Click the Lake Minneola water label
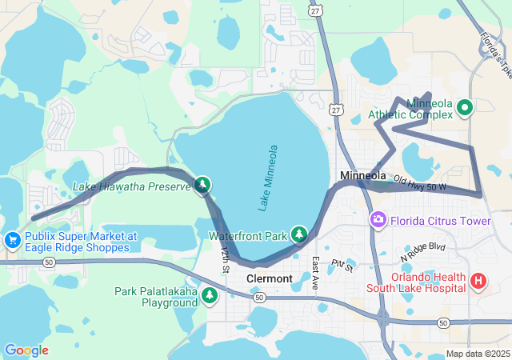[269, 178]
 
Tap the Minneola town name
[362, 175]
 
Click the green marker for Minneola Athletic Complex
[464, 106]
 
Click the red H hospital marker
[478, 281]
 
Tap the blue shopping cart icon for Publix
[12, 239]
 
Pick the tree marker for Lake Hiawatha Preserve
[202, 186]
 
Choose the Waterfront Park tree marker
[299, 234]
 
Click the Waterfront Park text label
[247, 236]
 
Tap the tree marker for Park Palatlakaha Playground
[210, 296]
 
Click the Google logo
[26, 350]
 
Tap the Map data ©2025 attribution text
[477, 354]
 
